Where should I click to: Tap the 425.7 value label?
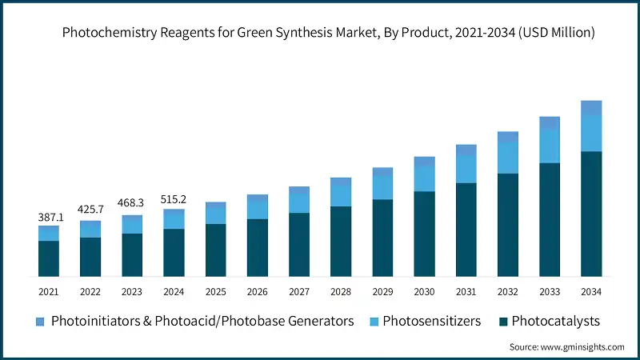[x=90, y=210]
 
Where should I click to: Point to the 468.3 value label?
[x=132, y=203]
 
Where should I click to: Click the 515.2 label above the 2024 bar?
[x=174, y=198]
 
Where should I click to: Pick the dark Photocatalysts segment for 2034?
[x=591, y=214]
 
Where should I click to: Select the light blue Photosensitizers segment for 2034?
[x=591, y=133]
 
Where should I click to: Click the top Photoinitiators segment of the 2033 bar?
[x=550, y=122]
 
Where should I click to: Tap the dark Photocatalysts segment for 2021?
[x=49, y=258]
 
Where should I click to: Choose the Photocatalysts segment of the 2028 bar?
[x=341, y=242]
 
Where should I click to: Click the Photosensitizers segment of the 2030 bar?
[x=424, y=179]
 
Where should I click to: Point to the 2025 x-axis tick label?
[x=215, y=292]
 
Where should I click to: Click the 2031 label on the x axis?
[x=466, y=292]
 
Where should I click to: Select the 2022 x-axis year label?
[x=90, y=292]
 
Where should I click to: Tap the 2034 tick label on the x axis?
[x=591, y=292]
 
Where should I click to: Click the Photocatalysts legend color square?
[x=502, y=322]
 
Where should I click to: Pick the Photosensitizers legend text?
[x=431, y=322]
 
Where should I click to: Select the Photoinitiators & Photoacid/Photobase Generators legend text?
[x=202, y=322]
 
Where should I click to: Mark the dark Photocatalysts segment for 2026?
[x=257, y=248]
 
